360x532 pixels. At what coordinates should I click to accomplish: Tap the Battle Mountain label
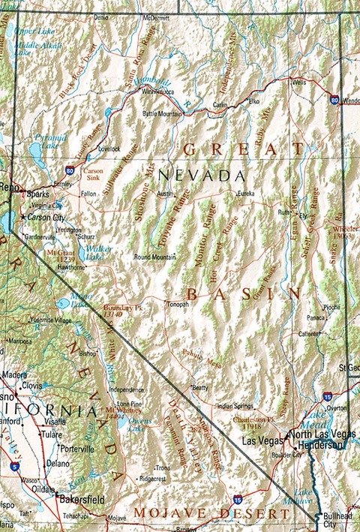pos(162,113)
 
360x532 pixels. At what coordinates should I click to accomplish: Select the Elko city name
pos(253,100)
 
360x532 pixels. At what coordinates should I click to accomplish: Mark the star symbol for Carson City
pos(23,217)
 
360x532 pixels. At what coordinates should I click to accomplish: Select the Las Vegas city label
pos(257,440)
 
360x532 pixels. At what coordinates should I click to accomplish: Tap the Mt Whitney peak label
pos(122,413)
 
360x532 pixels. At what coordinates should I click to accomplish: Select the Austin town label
pos(165,193)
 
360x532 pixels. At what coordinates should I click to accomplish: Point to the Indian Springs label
pos(235,406)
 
